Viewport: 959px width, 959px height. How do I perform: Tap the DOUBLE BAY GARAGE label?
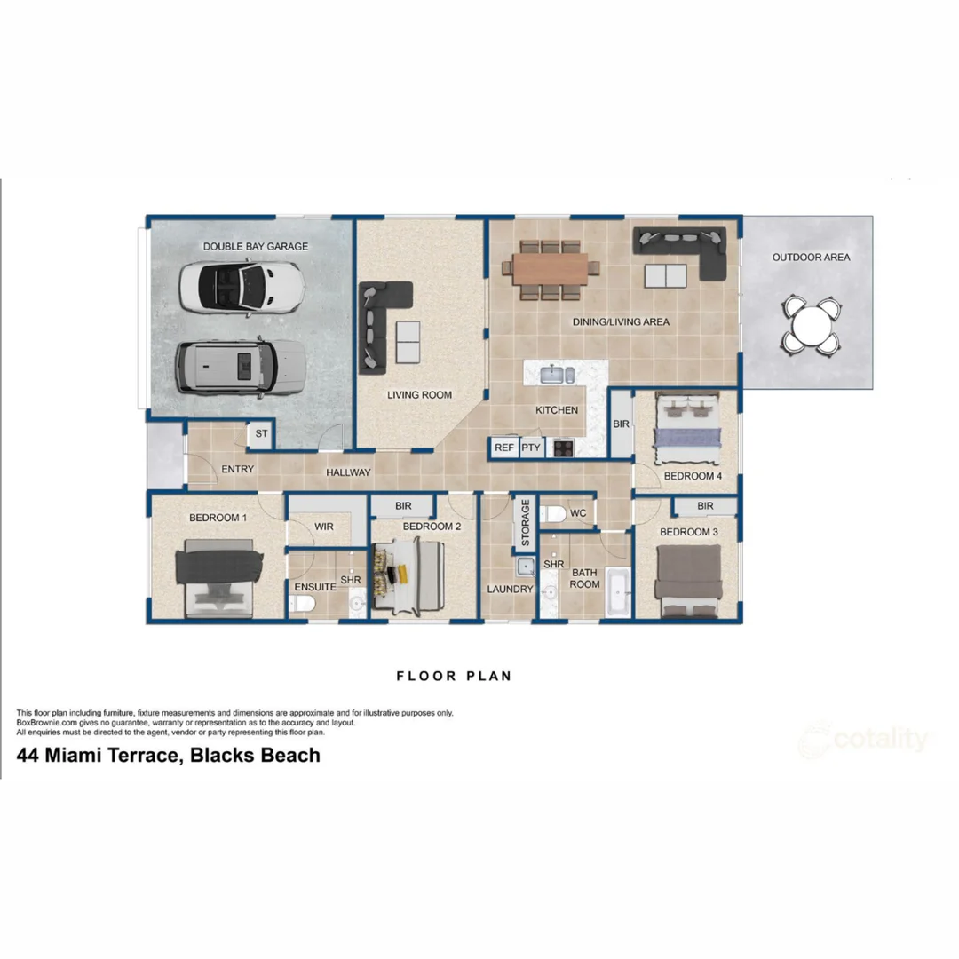tap(256, 246)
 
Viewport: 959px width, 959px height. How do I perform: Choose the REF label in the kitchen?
tap(504, 448)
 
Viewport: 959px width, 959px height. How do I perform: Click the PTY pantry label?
tap(531, 448)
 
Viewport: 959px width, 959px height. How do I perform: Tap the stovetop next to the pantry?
tap(563, 448)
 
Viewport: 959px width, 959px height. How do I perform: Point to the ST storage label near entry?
tap(261, 434)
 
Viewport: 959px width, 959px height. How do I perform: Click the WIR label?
tap(324, 527)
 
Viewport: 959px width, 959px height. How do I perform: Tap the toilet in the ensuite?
tap(302, 605)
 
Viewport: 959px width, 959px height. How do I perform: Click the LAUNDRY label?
tap(510, 589)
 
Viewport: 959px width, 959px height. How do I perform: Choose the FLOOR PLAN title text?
tap(454, 676)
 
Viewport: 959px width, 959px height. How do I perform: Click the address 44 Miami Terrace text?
tap(169, 756)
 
